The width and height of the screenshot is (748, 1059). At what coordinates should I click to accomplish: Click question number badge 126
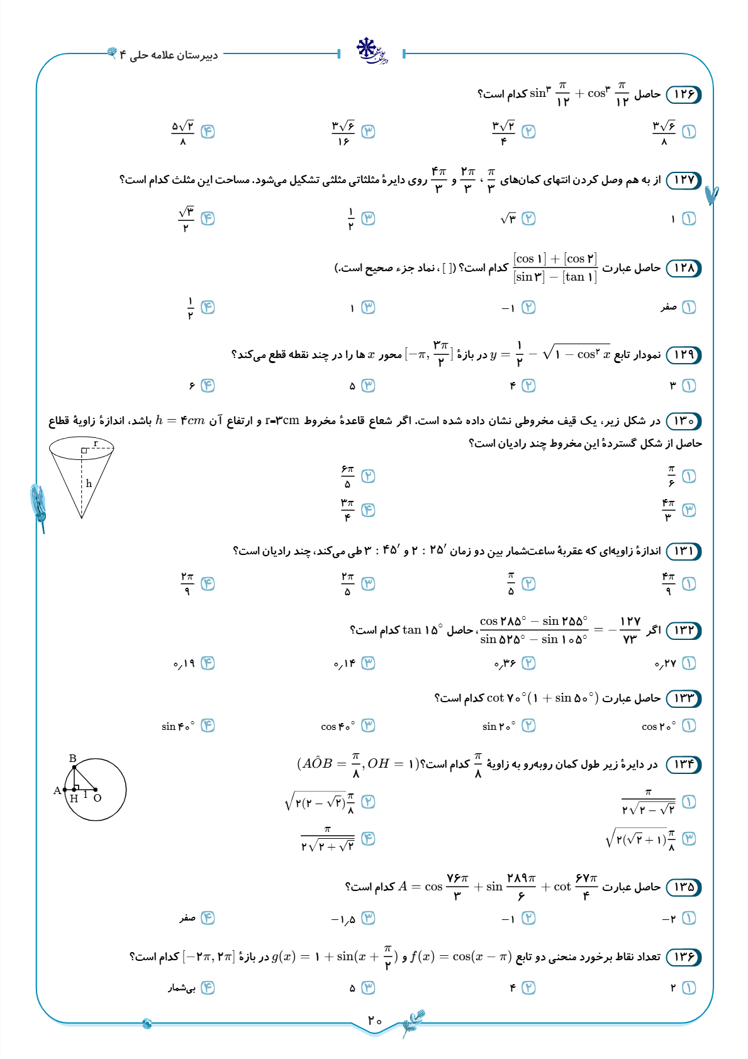[683, 94]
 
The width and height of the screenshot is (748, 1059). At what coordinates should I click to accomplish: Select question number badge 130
[683, 420]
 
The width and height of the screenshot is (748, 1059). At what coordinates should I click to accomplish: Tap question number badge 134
[683, 765]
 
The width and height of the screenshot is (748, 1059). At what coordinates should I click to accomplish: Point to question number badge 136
[683, 957]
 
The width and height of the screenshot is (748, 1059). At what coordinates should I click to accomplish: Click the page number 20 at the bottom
[375, 1020]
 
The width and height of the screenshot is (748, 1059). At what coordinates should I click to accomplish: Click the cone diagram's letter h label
[89, 483]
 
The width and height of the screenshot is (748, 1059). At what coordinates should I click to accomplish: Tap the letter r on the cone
[96, 444]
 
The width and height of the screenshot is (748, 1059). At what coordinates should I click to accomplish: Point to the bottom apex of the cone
[82, 517]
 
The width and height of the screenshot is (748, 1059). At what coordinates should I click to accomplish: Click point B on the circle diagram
[73, 759]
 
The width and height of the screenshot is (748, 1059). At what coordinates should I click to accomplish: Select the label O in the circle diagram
[98, 798]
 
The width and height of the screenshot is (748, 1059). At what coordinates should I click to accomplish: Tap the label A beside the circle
[57, 790]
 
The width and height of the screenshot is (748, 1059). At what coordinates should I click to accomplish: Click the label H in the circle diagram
[74, 798]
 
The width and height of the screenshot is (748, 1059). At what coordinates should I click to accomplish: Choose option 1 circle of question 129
[689, 386]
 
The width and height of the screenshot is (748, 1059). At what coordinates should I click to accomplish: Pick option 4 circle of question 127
[208, 218]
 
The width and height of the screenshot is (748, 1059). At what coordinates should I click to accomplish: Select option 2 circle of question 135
[528, 918]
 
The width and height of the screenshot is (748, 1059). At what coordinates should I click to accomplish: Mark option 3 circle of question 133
[368, 726]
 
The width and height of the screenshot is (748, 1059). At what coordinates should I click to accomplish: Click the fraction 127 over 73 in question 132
[630, 630]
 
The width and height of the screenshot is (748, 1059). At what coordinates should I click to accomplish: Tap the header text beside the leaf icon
[169, 55]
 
